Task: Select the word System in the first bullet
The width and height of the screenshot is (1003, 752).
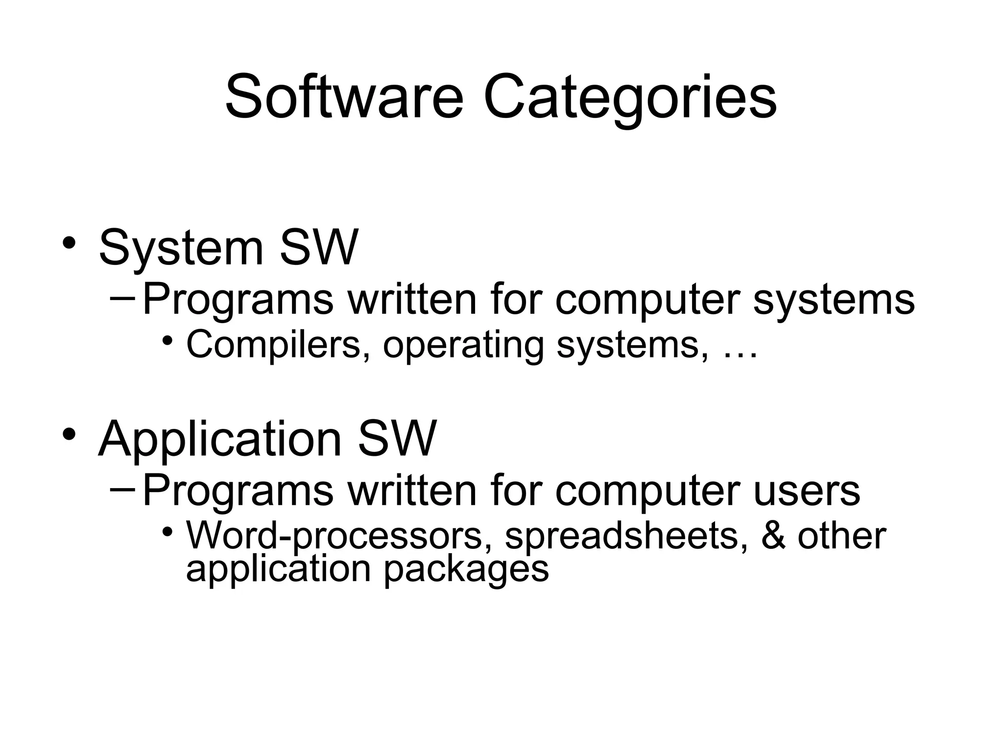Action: [x=181, y=248]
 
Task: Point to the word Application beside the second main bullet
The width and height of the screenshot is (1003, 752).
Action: [x=219, y=439]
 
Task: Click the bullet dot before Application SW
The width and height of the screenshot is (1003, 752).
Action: [x=69, y=433]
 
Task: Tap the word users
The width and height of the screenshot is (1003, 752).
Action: [x=807, y=491]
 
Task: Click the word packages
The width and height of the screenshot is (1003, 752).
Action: [x=466, y=570]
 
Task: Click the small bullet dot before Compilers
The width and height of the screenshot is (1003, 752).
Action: [x=168, y=340]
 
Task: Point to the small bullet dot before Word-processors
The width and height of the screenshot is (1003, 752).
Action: [x=168, y=531]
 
